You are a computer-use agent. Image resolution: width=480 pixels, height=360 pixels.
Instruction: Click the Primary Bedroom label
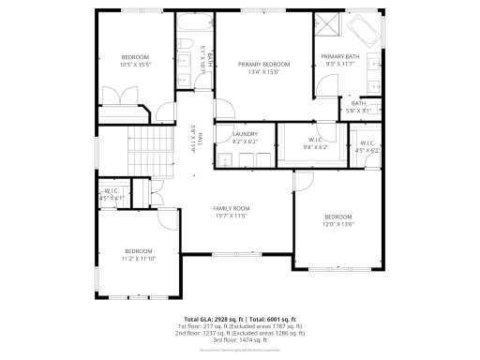tap(262, 64)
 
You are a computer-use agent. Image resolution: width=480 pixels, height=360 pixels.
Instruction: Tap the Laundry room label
tap(245, 135)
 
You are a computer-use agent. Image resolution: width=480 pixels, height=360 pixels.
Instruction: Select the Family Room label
tap(231, 208)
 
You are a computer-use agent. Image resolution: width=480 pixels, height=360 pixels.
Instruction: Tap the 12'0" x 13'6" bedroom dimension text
tap(337, 224)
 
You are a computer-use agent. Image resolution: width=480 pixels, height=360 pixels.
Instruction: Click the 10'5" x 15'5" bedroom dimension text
tap(135, 64)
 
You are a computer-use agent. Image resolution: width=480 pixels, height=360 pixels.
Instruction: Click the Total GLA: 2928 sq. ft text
tap(212, 319)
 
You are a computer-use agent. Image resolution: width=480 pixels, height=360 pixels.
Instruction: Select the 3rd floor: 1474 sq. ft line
tap(240, 339)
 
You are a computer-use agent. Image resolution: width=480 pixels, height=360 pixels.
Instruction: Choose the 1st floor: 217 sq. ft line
tap(240, 326)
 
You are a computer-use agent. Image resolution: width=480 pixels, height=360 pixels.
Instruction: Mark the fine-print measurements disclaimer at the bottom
tap(240, 349)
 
